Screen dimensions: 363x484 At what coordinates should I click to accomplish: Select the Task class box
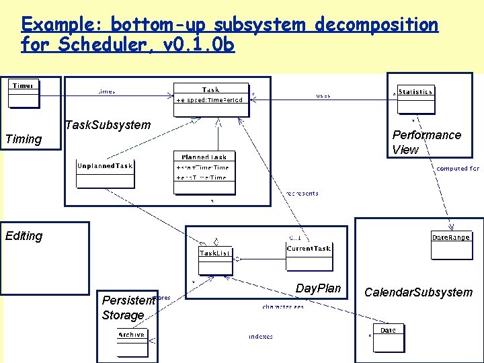pos(211,95)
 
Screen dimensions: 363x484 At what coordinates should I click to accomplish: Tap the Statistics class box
pos(415,99)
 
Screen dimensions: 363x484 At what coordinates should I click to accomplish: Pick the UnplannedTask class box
pos(106,173)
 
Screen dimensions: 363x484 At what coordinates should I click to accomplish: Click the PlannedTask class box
pos(204,172)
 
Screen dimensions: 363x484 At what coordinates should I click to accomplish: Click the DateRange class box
pos(450,245)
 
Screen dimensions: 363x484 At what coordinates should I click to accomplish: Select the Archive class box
pos(132,342)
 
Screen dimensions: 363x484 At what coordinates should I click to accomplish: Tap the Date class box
pos(388,338)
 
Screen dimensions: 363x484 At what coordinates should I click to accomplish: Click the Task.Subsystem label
pos(108,125)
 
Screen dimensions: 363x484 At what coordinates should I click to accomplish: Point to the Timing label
pos(23,139)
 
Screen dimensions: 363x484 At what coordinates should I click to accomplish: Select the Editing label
pos(24,236)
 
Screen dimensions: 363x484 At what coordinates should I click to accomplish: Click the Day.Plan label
pos(318,288)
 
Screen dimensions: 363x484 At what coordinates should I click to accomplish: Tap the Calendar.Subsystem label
pos(418,292)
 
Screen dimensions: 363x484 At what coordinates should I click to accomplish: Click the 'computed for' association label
pos(458,168)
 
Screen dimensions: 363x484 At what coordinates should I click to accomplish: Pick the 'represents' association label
pos(302,193)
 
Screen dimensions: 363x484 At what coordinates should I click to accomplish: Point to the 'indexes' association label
pos(260,336)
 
